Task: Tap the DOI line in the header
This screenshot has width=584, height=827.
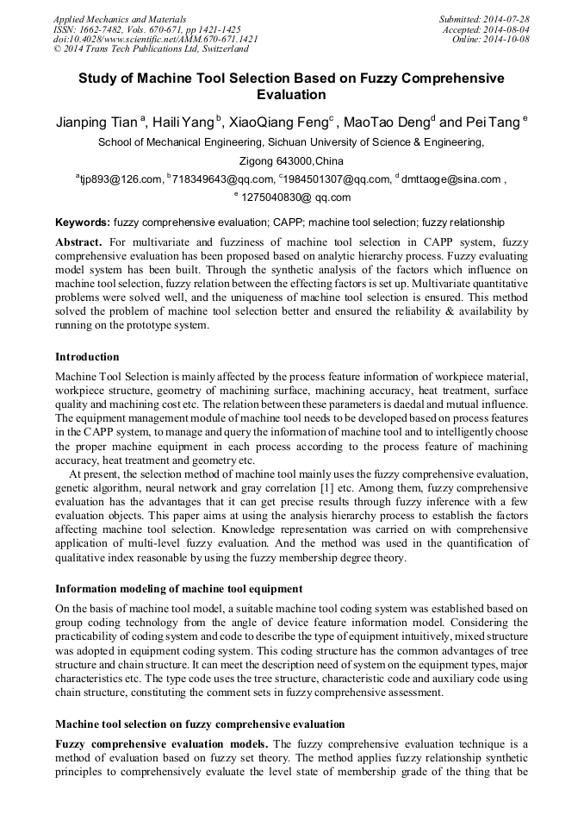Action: tap(155, 39)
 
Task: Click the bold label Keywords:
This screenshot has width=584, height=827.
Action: tap(83, 222)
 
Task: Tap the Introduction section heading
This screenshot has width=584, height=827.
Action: tap(87, 356)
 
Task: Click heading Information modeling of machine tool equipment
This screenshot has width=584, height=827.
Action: tap(178, 589)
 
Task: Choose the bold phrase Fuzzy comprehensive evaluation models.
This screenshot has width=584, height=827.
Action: tap(162, 744)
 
